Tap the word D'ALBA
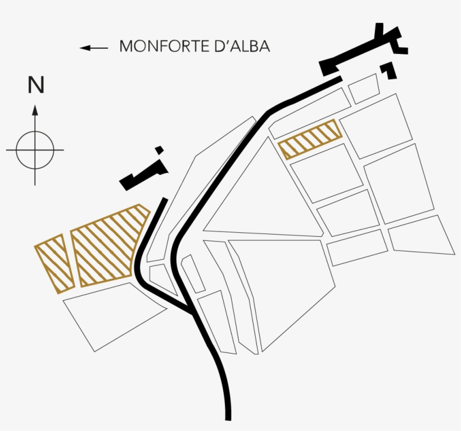242,46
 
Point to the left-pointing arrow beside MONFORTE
94,48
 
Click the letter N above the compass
36,85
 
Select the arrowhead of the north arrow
35,109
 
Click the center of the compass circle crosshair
35,150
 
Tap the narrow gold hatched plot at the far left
55,263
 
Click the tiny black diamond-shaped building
159,150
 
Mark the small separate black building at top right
388,70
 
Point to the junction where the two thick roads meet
192,313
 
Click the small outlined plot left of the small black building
363,89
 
